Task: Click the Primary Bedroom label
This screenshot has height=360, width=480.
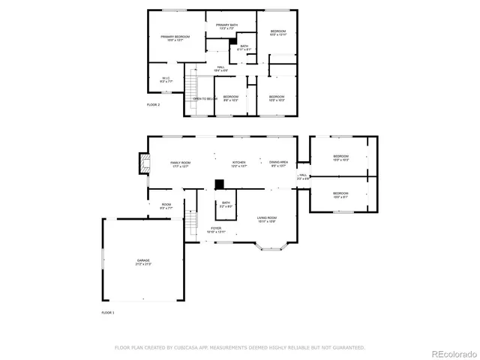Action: click(175, 37)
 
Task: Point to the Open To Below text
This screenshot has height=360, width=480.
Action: click(205, 98)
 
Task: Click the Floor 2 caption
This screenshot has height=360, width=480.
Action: click(153, 105)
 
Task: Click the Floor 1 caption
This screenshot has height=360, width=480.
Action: click(108, 311)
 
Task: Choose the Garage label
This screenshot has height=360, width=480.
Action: click(142, 262)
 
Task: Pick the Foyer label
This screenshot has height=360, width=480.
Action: click(216, 230)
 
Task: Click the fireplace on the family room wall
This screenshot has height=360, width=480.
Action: click(142, 164)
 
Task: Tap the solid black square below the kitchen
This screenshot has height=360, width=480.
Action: click(219, 184)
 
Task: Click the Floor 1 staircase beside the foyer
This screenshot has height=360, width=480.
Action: click(191, 223)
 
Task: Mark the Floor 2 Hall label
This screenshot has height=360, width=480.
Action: click(221, 69)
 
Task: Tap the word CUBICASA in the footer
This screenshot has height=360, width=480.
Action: click(190, 347)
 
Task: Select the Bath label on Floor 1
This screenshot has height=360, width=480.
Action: click(226, 204)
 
